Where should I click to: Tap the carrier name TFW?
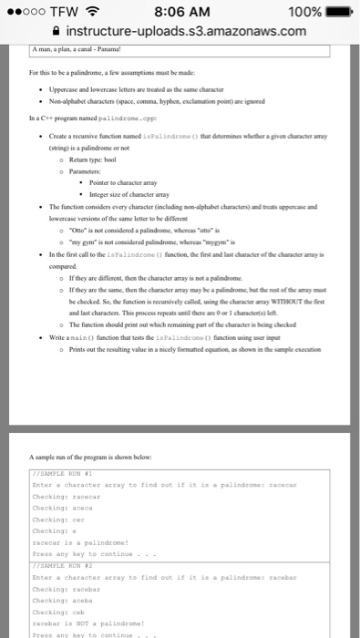pos(64,11)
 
